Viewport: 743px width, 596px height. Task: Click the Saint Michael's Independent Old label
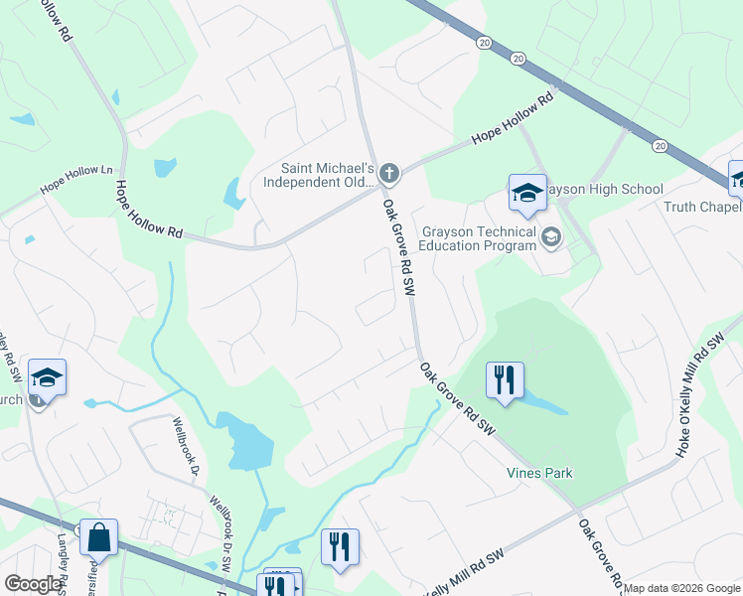[318, 175]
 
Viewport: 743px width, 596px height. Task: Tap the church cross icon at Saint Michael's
[389, 175]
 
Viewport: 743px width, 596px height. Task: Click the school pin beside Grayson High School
[527, 194]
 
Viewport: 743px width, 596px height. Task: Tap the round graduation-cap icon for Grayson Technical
[551, 237]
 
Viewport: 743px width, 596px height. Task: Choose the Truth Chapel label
[702, 207]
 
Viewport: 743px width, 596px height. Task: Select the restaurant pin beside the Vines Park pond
[505, 380]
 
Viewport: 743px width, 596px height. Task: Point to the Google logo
[34, 584]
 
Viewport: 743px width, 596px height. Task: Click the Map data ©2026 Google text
[680, 588]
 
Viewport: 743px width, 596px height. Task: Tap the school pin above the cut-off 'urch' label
[47, 377]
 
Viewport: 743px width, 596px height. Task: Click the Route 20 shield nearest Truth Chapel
[661, 145]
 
